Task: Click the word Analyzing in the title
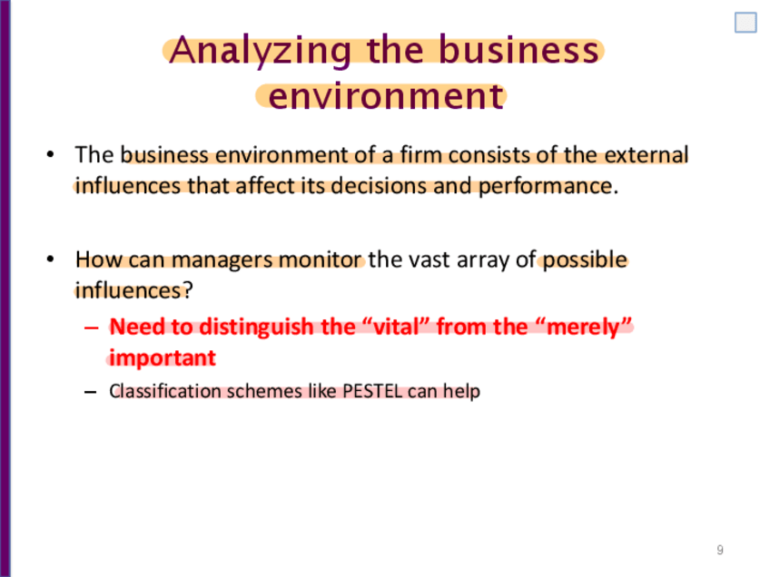coord(261,52)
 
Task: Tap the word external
coord(647,154)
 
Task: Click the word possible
coord(585,260)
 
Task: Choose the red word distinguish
coord(257,328)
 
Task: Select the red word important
coord(163,358)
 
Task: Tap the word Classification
coord(165,391)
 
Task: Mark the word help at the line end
coord(461,392)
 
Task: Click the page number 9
coord(720,550)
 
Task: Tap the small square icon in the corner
coord(745,23)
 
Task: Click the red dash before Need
coord(92,328)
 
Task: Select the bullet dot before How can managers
coord(50,259)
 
